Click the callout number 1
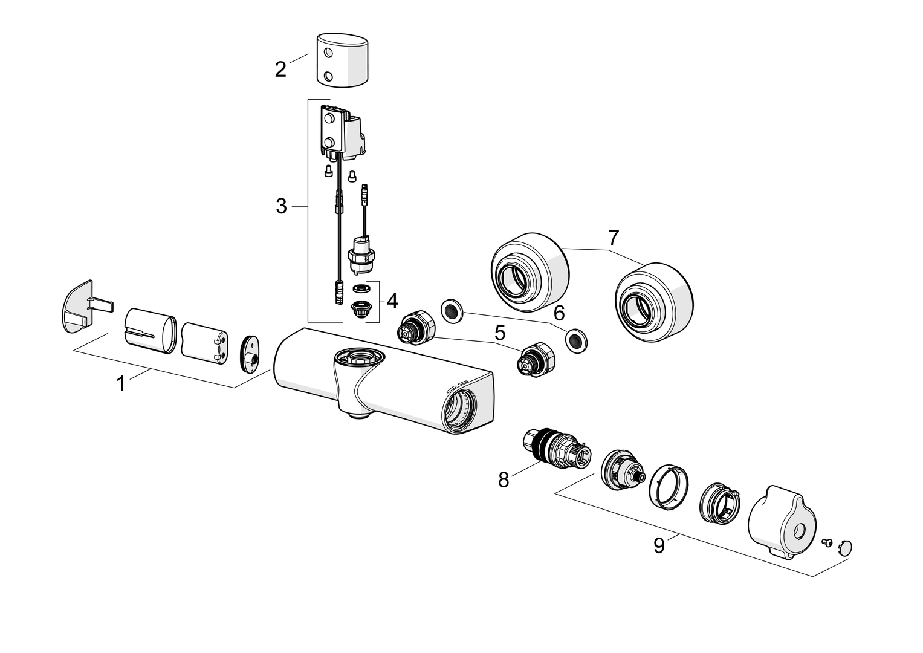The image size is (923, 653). click(121, 383)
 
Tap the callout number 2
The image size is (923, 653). click(280, 70)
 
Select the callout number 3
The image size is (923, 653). click(282, 206)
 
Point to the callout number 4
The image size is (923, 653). click(392, 301)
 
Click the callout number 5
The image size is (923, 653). click(500, 333)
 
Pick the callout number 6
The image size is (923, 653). click(559, 313)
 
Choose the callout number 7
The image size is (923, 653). click(614, 238)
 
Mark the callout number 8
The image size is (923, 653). click(504, 480)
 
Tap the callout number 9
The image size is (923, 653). click(659, 545)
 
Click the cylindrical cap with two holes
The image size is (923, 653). click(342, 60)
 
